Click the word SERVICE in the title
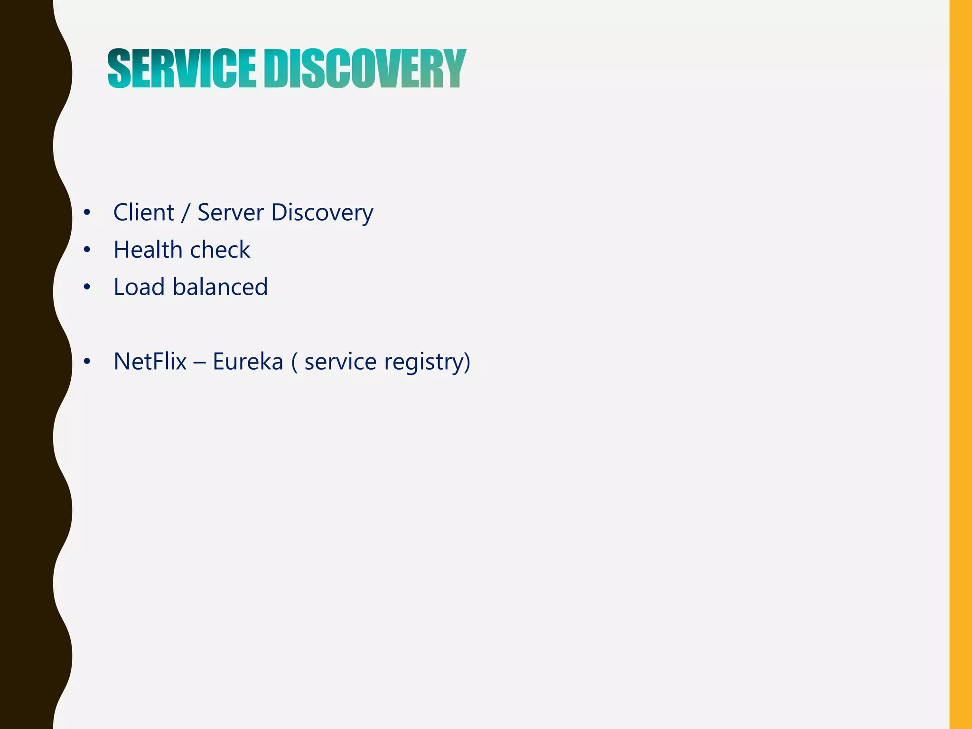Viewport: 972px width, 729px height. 182,69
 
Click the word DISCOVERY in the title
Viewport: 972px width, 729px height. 365,69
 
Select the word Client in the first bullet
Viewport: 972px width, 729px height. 143,212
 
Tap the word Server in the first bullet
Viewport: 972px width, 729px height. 230,212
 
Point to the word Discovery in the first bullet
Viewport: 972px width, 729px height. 322,212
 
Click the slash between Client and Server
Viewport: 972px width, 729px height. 185,213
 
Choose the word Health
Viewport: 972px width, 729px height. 148,250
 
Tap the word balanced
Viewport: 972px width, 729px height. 220,287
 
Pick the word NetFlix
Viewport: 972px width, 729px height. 150,361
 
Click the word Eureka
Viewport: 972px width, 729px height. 248,361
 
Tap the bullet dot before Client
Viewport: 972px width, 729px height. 86,213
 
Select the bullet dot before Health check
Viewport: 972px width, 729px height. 86,250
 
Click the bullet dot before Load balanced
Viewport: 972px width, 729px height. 86,287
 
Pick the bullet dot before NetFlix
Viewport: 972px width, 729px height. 86,362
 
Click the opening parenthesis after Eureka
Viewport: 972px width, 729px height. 295,362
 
